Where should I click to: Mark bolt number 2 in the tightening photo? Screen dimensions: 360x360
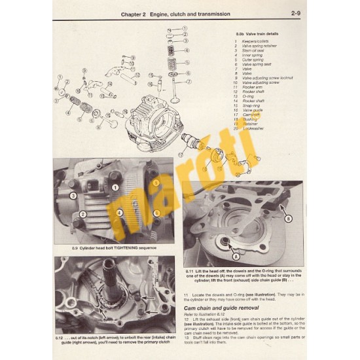click(x=82, y=213)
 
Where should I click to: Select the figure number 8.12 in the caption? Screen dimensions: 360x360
click(x=60, y=327)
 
